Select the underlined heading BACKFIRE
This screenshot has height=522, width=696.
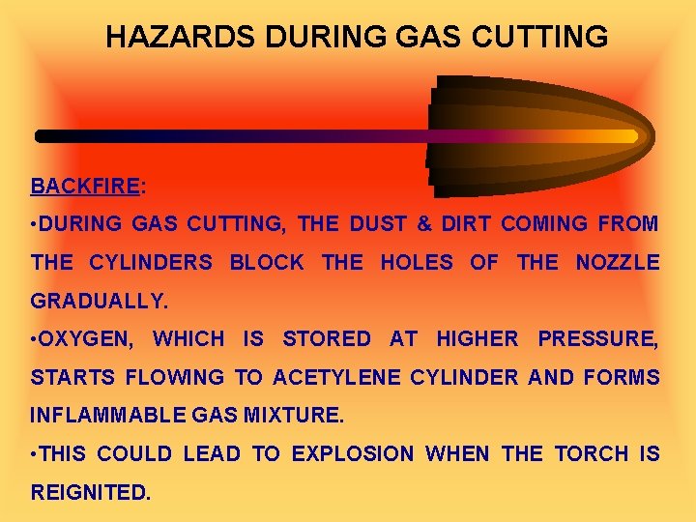click(85, 186)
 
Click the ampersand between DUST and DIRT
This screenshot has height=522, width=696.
click(423, 224)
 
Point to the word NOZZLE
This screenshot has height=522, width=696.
click(618, 263)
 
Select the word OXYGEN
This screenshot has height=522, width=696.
click(91, 339)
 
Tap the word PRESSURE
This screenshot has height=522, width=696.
click(596, 339)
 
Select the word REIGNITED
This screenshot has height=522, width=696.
click(91, 492)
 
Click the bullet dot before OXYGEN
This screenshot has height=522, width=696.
click(34, 339)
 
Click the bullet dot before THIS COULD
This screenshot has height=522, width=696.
click(34, 454)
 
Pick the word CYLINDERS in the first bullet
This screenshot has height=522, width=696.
click(151, 263)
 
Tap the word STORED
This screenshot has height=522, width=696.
click(326, 339)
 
